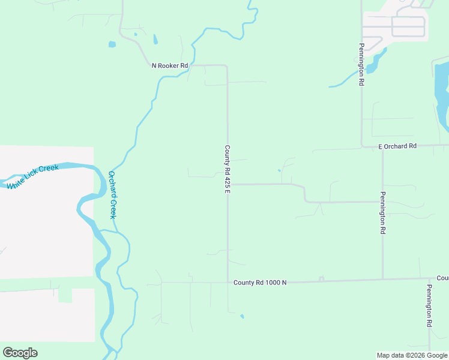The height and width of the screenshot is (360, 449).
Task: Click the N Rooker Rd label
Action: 170,65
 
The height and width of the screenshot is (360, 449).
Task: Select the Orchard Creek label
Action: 112,195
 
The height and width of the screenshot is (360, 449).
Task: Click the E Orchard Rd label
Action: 397,146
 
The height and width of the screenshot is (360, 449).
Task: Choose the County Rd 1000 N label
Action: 260,282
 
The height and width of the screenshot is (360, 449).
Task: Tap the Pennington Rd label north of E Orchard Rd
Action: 362,65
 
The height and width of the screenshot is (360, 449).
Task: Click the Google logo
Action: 20,353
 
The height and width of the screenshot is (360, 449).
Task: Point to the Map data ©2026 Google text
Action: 412,355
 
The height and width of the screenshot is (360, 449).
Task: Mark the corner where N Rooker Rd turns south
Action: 226,65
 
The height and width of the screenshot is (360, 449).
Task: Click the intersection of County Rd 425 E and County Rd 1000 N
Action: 228,282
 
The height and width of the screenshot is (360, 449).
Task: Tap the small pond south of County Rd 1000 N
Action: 242,316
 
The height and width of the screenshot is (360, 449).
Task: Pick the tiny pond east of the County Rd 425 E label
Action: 279,170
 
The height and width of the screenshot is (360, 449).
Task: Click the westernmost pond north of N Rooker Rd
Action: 112,44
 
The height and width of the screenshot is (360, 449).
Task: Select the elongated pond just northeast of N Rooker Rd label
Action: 155,40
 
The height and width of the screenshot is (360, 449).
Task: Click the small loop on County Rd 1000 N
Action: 321,278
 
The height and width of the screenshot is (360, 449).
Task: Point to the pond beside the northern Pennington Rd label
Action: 373,63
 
